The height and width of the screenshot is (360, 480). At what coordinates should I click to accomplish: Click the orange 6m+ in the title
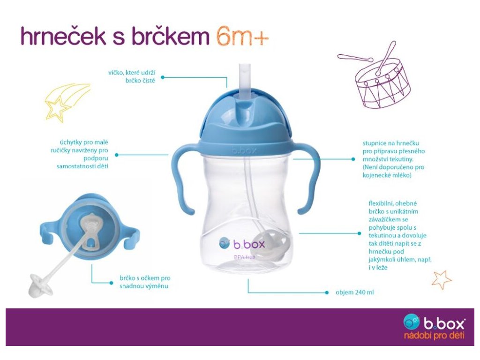(242, 37)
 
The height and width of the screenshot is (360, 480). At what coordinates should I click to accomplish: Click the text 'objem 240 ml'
(354, 292)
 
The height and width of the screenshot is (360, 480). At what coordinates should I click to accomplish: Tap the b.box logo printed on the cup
(242, 244)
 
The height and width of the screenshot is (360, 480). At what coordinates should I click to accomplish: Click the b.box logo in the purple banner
(435, 322)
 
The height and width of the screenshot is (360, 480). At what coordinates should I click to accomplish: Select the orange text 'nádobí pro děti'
(434, 335)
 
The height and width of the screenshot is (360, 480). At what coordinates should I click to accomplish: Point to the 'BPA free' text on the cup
(244, 257)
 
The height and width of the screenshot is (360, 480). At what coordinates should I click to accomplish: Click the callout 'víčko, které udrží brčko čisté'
(132, 76)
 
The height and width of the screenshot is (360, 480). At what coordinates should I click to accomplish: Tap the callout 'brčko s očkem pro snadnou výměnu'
(145, 282)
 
